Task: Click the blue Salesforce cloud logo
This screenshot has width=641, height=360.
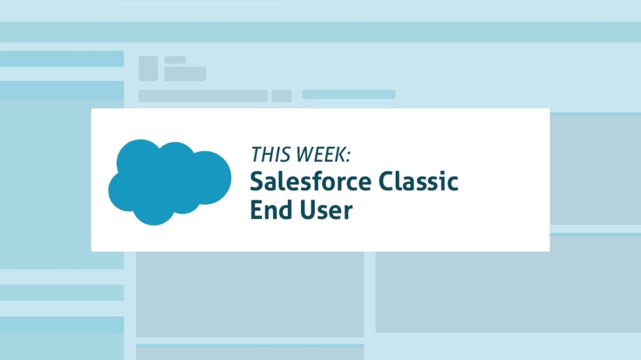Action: pos(169,182)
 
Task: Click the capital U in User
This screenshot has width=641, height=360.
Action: pos(311,210)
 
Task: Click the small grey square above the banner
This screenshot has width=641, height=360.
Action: pos(148,68)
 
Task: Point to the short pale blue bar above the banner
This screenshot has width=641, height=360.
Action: pos(349,95)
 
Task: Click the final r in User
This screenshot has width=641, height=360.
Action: pos(348,212)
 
